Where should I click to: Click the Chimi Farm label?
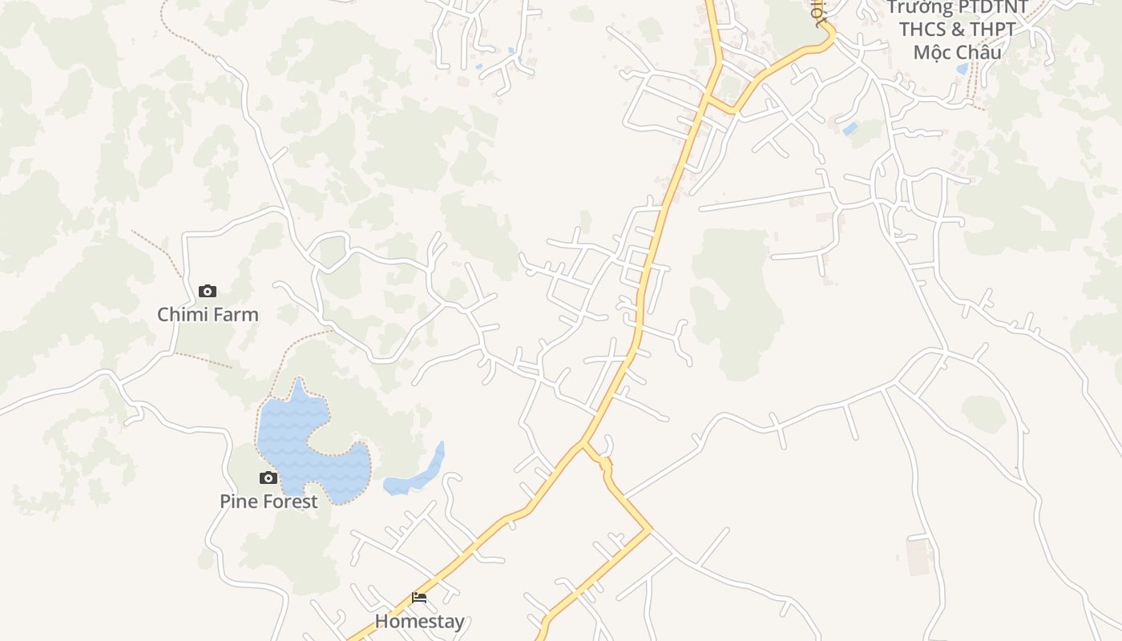(x=208, y=314)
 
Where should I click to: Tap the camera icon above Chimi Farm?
(x=208, y=291)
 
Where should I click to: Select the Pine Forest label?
(x=268, y=502)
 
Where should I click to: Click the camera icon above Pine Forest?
(x=268, y=478)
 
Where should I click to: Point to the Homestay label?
(x=419, y=621)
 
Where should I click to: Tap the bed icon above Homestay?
(x=419, y=598)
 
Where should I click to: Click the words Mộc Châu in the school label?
(x=957, y=52)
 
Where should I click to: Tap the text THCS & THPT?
(x=957, y=30)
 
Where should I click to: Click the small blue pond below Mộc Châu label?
(x=962, y=69)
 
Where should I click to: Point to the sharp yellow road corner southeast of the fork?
(x=648, y=529)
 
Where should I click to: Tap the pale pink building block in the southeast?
(x=918, y=556)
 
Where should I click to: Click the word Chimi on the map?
(x=180, y=314)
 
